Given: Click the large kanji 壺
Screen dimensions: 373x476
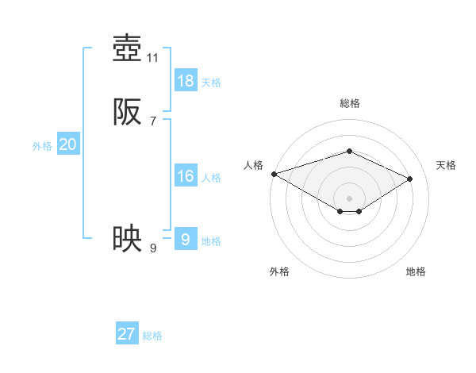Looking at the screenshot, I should point(127,49).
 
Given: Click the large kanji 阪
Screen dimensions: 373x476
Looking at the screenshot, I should point(127,113).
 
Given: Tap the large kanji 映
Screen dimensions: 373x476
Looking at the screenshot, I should point(127,238).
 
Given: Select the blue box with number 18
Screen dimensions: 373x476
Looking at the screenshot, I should point(186,81).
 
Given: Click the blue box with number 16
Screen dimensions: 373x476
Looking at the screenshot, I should point(186,176).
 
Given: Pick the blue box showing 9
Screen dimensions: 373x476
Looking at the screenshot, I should point(186,238).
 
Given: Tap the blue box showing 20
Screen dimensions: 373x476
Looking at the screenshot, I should point(68,144).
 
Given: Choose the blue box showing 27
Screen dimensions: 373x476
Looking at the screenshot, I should point(127,334).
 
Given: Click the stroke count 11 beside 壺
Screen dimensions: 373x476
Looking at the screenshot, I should point(153,58).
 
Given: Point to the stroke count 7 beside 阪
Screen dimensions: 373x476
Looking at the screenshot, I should point(153,121).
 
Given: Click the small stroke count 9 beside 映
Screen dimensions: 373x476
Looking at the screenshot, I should point(153,248).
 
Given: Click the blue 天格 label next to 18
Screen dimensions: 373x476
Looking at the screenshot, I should point(211,83).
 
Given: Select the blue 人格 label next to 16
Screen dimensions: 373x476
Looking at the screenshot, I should point(211,178).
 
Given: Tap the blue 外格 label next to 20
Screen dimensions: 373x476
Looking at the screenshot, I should point(42,146).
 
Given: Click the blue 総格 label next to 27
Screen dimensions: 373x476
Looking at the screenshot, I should point(152,336).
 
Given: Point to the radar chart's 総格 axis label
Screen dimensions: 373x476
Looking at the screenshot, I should point(349,103).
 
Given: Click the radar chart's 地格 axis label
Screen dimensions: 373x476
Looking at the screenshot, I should point(416,271).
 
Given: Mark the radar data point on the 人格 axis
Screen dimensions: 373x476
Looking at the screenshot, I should point(274,174).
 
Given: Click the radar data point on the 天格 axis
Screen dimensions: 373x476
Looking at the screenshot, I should point(410,179).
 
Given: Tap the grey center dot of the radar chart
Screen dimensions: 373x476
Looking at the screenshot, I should point(349,198).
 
